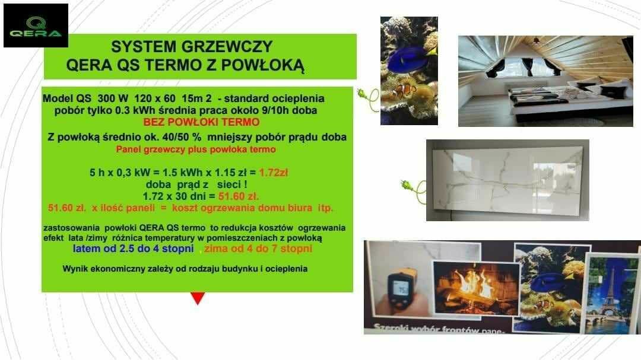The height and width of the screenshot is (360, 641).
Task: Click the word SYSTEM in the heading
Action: (x=137, y=47)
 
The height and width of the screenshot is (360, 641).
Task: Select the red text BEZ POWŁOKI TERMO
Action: (x=201, y=122)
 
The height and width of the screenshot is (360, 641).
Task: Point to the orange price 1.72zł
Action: (x=274, y=173)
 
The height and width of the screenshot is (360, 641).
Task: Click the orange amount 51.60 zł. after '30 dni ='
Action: (x=239, y=196)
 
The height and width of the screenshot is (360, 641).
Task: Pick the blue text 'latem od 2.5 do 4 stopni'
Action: (x=134, y=249)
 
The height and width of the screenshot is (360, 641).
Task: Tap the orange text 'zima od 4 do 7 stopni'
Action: (x=258, y=249)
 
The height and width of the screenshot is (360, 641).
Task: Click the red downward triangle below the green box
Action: (x=198, y=298)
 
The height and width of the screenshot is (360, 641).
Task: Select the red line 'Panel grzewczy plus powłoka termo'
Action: (x=196, y=149)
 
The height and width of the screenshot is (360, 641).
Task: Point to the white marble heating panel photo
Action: (x=507, y=180)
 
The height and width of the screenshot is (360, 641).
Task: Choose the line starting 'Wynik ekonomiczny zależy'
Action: (x=185, y=269)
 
